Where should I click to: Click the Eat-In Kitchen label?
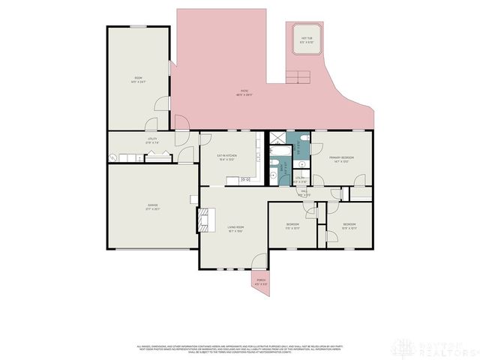pos(226,157)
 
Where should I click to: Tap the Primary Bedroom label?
pos(340,159)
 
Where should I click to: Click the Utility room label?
pos(151,140)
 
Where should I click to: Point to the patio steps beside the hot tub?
pos(298,76)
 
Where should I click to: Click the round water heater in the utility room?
pos(113,157)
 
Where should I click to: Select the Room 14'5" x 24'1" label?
pos(138,79)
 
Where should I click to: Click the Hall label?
pos(304,193)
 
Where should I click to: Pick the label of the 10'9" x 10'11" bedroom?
pos(349,226)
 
